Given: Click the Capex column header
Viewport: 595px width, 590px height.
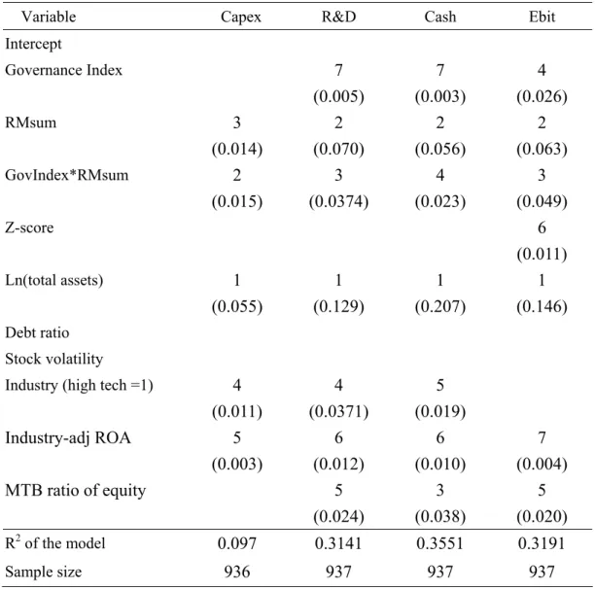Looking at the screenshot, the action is pyautogui.click(x=240, y=17).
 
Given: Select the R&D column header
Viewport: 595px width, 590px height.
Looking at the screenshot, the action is pyautogui.click(x=338, y=17).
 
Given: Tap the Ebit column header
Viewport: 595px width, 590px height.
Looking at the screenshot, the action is pyautogui.click(x=542, y=17).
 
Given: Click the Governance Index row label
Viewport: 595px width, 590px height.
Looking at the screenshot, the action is pyautogui.click(x=63, y=70).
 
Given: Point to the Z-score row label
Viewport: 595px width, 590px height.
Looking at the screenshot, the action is pyautogui.click(x=29, y=227).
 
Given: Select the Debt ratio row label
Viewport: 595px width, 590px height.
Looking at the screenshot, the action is pyautogui.click(x=37, y=332).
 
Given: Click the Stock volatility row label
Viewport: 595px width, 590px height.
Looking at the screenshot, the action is pyautogui.click(x=53, y=359).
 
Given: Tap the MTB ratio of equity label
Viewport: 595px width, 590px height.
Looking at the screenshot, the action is pyautogui.click(x=75, y=491).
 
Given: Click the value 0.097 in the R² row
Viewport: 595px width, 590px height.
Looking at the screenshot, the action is pyautogui.click(x=237, y=543).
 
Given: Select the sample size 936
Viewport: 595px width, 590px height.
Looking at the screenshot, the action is pyautogui.click(x=237, y=572).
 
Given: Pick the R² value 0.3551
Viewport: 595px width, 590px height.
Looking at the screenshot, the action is pyautogui.click(x=439, y=543).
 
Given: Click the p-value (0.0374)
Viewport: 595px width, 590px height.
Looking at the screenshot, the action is pyautogui.click(x=338, y=201).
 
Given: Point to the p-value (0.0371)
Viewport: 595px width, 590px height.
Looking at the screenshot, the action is pyautogui.click(x=338, y=412).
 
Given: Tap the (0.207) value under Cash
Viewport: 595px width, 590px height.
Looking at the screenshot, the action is pyautogui.click(x=439, y=306).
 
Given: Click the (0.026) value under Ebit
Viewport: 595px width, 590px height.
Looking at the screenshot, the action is pyautogui.click(x=542, y=96).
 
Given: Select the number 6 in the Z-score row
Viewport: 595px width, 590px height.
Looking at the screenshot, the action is pyautogui.click(x=542, y=227).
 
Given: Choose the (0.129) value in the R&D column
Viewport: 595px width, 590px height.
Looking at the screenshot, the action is pyautogui.click(x=338, y=306).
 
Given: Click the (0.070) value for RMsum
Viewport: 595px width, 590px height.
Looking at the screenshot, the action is pyautogui.click(x=338, y=149).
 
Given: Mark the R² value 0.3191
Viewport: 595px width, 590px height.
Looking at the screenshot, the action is pyautogui.click(x=542, y=543).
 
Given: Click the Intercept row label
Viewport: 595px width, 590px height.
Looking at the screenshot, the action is pyautogui.click(x=33, y=44).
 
